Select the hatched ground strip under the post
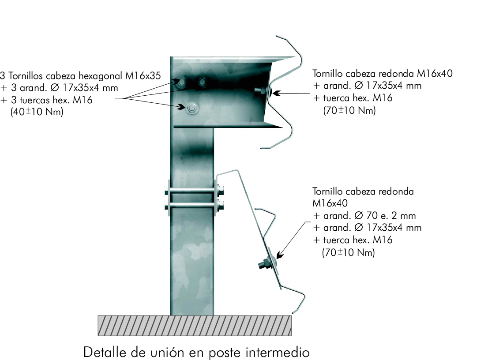pos(195,326)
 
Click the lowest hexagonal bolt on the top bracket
pos(192,109)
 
